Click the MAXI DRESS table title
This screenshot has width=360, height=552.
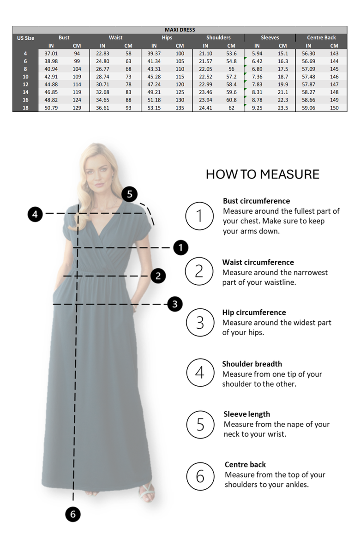pos(180,30)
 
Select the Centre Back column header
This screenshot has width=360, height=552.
pos(321,37)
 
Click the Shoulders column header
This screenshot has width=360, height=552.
pos(218,37)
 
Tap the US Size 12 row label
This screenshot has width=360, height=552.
pos(25,84)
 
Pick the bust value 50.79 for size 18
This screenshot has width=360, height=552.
pos(51,108)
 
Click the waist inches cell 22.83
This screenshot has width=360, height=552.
pos(102,54)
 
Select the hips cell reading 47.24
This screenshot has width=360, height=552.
pos(154,84)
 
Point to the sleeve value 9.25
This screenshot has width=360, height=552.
pos(257,108)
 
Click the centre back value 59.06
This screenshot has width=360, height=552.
pos(308,108)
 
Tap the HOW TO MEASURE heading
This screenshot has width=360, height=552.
pos(262,174)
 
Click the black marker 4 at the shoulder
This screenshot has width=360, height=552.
pos(35,214)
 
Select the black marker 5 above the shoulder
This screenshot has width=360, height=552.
pos(129,194)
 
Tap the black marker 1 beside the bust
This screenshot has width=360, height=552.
pos(180,248)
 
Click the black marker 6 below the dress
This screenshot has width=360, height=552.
pos(72,514)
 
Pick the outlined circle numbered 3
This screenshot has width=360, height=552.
pos(199,322)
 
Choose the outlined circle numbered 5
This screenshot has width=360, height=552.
pos(200,424)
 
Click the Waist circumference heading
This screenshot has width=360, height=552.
pos(258,262)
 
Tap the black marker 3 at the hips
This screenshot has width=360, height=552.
pos(174,304)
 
